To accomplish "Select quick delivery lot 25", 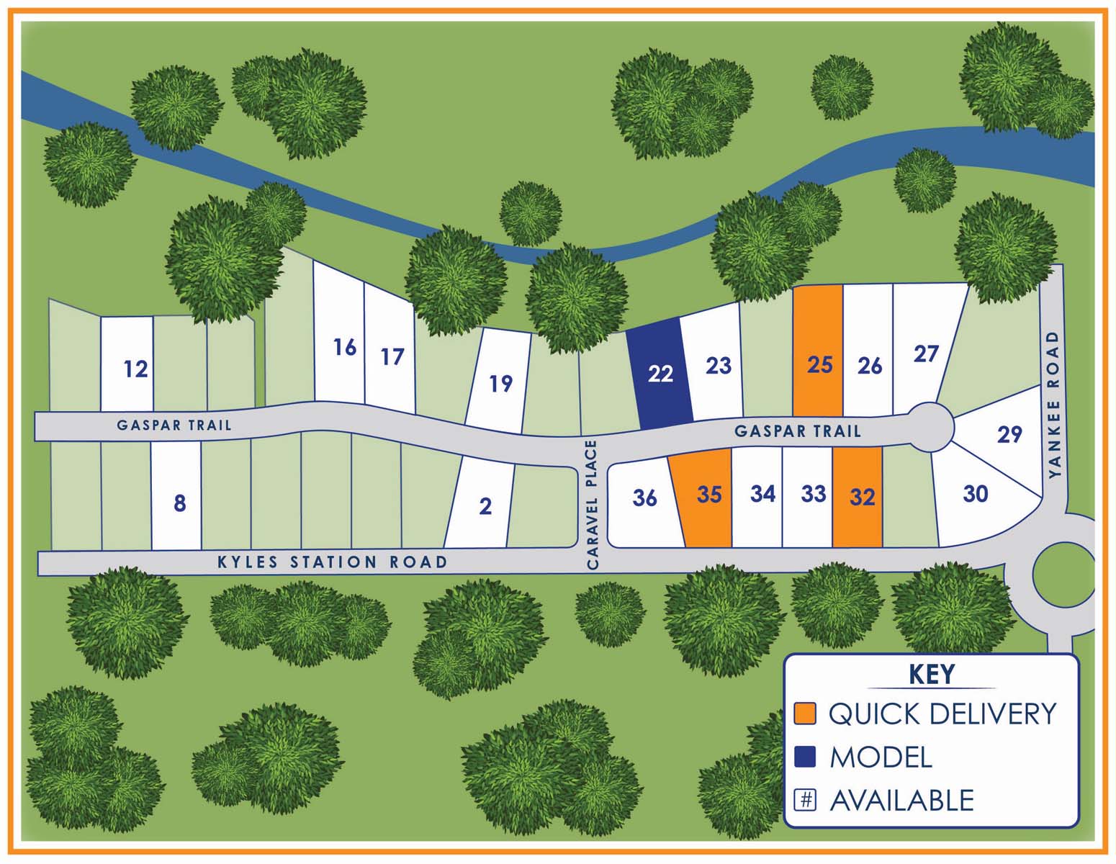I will tap(819, 353).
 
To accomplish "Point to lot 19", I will tap(499, 382).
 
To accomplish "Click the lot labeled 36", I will tap(643, 498).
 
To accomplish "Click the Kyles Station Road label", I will tap(332, 562).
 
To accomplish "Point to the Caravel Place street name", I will tap(593, 505).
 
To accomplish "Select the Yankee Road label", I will tap(1055, 404).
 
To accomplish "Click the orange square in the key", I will tap(805, 713).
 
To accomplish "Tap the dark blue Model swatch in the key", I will tap(805, 757).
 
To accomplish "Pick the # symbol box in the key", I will tap(805, 800).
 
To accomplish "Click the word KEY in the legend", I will tap(932, 675).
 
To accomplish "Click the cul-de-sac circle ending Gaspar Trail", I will tap(930, 428).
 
